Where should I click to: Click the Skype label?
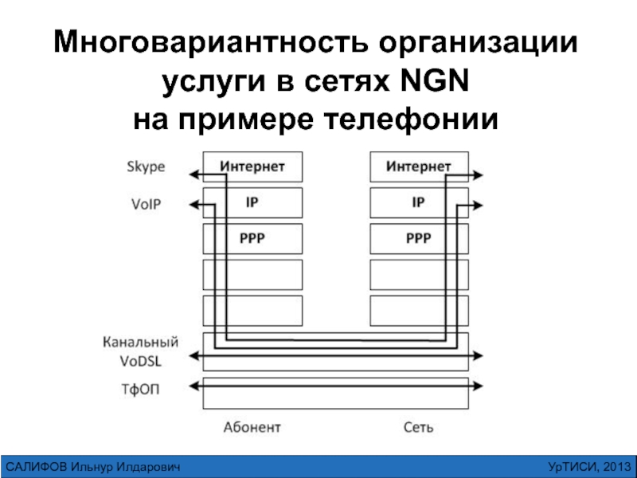[146, 167]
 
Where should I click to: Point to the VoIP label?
[146, 204]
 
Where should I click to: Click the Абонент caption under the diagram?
[252, 427]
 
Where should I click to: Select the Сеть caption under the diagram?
[418, 427]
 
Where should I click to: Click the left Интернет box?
[252, 167]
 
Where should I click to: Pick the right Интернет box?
[419, 167]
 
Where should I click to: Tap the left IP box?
[252, 203]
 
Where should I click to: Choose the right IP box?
[419, 203]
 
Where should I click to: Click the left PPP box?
[252, 238]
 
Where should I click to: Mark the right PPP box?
[419, 238]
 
